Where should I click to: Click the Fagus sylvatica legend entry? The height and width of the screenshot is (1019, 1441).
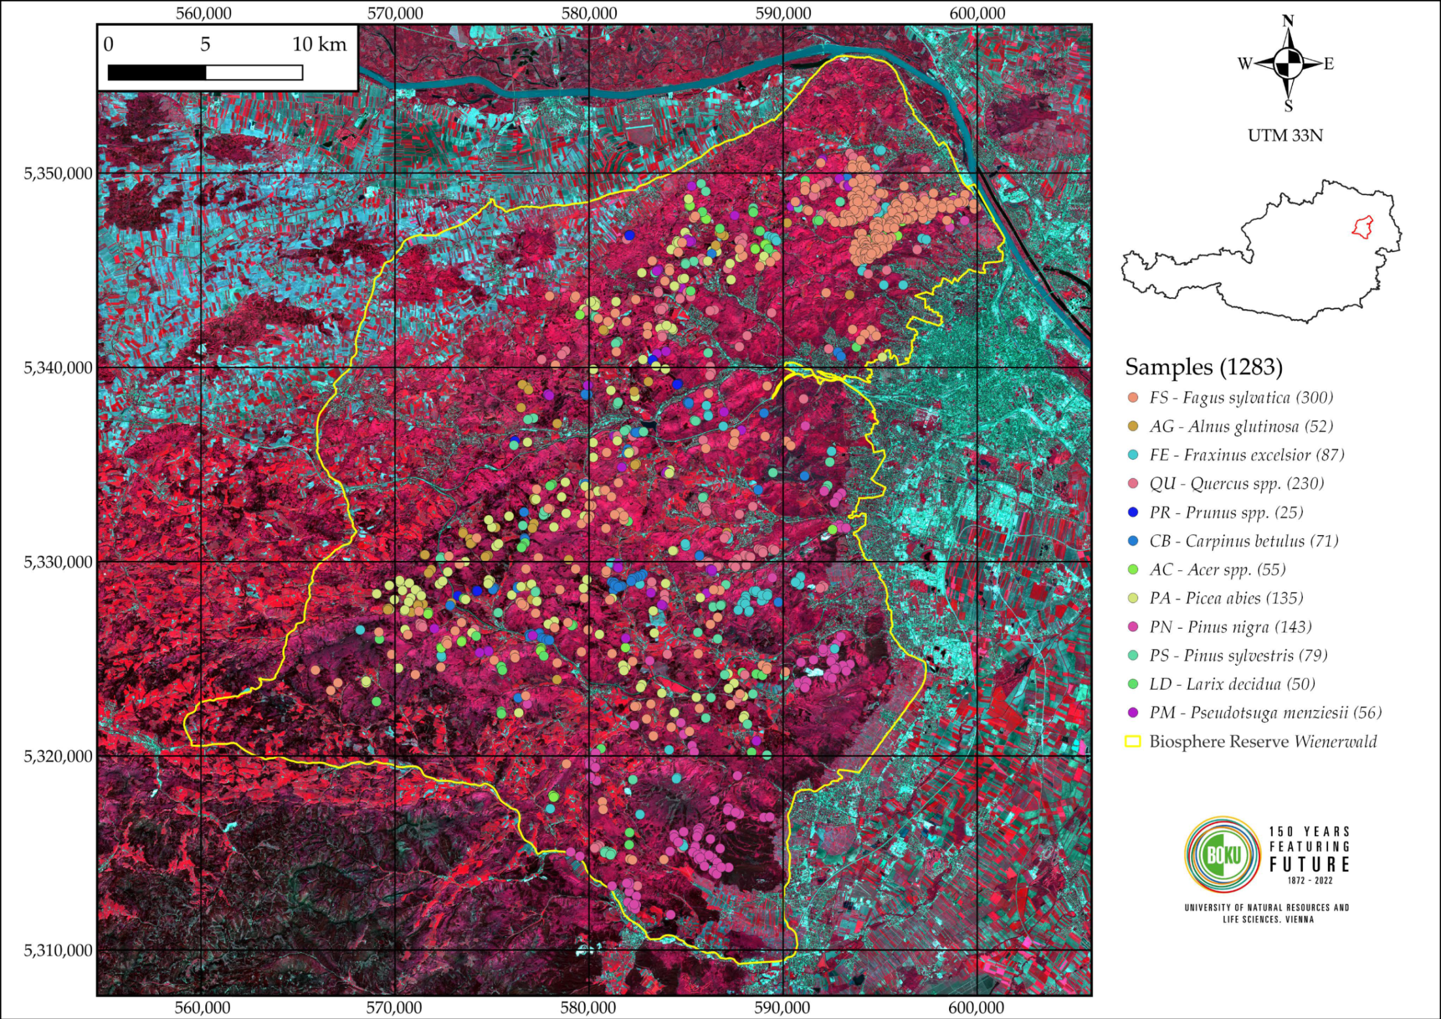1240,398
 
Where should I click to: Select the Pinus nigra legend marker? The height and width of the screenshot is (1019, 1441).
1133,627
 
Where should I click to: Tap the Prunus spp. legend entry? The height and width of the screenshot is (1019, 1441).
1225,513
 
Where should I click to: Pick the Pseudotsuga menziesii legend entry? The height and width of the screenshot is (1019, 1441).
1264,713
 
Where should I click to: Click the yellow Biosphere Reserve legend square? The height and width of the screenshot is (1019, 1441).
1133,742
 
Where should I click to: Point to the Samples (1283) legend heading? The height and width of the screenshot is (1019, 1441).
1203,366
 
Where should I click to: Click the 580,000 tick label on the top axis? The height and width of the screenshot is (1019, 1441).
589,13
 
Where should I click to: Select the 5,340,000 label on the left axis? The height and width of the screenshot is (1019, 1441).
58,367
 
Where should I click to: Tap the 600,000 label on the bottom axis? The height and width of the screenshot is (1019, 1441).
977,1008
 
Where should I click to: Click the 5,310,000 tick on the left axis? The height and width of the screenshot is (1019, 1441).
58,951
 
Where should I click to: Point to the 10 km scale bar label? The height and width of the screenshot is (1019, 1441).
319,44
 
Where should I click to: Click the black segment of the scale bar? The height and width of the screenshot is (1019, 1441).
157,73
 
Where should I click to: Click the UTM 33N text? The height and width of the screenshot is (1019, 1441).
1285,136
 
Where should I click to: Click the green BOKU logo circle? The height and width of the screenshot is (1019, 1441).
1222,854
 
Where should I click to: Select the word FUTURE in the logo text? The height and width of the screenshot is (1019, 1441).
1309,865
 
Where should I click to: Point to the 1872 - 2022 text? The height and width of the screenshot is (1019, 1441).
1309,880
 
